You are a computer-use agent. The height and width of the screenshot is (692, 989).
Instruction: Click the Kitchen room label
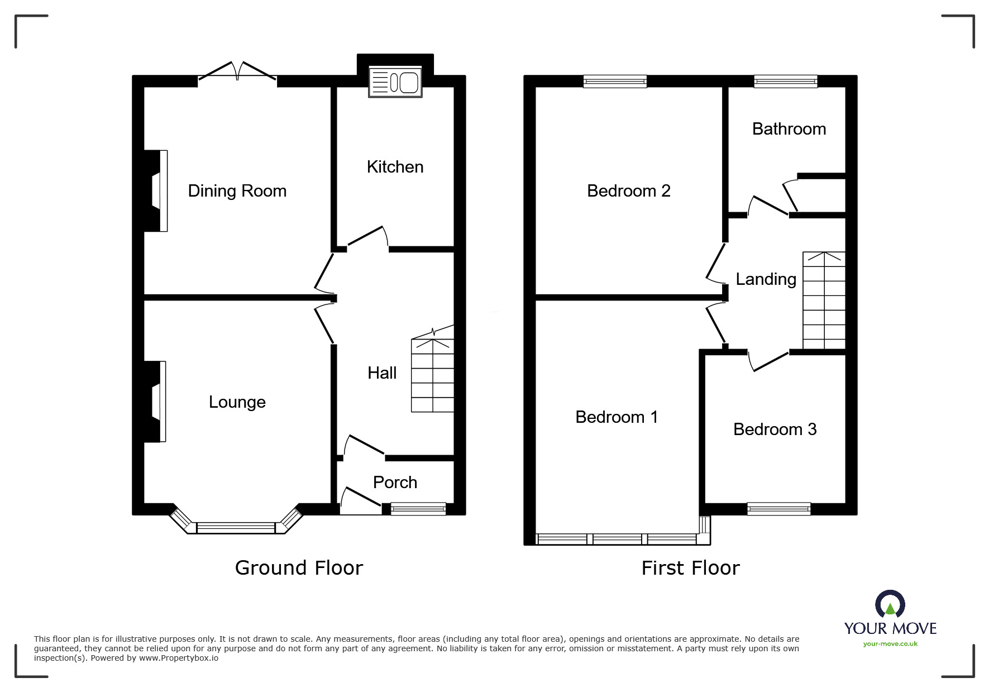[395, 167]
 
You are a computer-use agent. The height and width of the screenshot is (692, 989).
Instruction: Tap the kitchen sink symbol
[395, 83]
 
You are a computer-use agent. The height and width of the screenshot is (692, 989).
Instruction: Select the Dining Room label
[237, 191]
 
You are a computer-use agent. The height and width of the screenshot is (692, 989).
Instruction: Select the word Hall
[382, 373]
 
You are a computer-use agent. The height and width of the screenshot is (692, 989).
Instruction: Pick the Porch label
[395, 483]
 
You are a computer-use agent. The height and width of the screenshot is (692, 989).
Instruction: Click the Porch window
[418, 508]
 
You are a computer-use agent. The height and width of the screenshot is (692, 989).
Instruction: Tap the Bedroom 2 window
[615, 82]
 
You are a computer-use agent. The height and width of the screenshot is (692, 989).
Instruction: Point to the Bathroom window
[785, 82]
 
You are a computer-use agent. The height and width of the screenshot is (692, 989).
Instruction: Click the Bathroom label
[789, 129]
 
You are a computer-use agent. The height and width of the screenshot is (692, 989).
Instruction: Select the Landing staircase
[824, 300]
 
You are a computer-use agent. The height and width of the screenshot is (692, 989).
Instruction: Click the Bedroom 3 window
[778, 509]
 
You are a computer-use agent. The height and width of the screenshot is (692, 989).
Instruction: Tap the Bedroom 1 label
[617, 417]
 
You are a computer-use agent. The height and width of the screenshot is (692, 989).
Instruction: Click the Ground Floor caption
[299, 568]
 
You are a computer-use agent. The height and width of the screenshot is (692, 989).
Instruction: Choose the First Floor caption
[690, 568]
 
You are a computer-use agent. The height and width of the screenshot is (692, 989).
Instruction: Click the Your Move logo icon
[890, 605]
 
